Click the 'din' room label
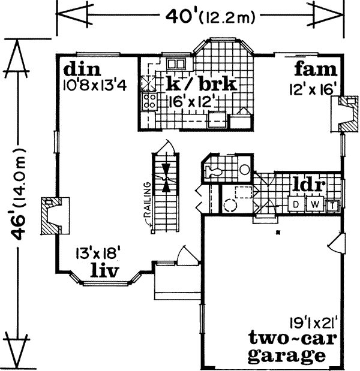[79, 67]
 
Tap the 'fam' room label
[311, 67]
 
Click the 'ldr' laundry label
[308, 184]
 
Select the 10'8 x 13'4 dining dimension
[94, 85]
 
